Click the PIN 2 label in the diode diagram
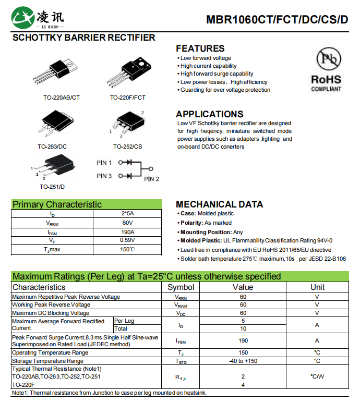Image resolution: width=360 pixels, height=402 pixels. [151, 179]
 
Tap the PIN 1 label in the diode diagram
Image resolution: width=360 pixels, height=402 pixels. [104, 163]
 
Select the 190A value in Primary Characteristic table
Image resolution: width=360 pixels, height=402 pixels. [127, 232]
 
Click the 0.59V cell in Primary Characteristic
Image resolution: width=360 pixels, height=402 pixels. [127, 240]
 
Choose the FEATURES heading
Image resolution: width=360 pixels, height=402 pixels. [200, 48]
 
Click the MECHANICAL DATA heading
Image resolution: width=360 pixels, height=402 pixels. [219, 204]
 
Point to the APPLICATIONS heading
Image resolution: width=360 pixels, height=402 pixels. [209, 114]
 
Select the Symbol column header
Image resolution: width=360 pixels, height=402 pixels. [181, 287]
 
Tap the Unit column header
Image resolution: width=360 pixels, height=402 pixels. [317, 287]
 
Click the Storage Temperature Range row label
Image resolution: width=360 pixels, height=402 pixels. [47, 361]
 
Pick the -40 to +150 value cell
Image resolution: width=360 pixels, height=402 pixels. [243, 361]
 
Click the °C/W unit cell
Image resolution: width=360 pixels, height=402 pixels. [317, 376]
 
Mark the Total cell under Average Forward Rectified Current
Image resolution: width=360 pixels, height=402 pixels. [121, 328]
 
